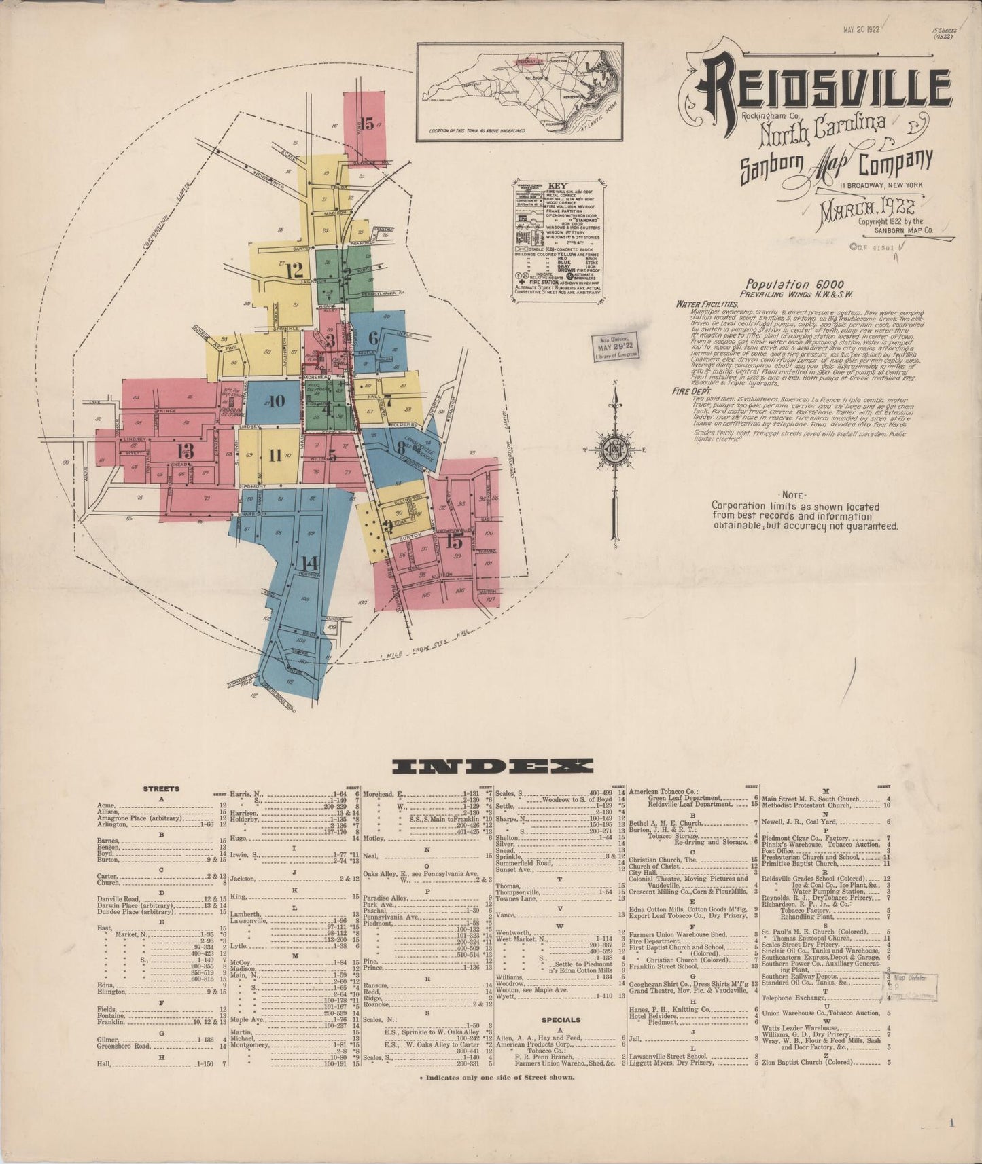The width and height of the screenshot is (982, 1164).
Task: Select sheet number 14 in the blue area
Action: [309, 562]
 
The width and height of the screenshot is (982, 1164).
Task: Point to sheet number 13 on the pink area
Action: [185, 450]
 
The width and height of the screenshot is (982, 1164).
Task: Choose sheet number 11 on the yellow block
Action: [275, 455]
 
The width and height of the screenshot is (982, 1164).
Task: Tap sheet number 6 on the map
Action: [373, 338]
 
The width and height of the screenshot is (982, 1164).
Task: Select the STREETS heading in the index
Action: [161, 789]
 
